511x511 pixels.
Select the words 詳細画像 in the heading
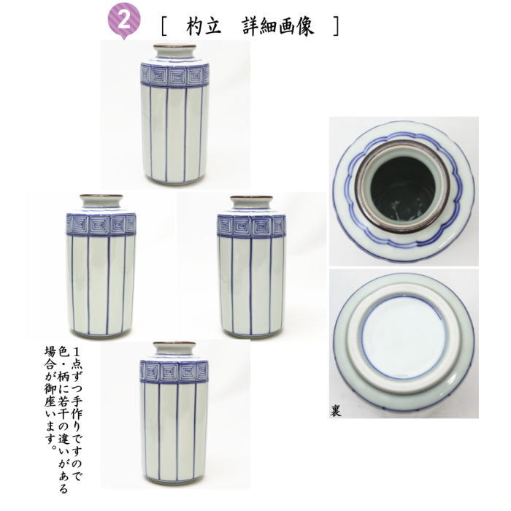click(x=277, y=27)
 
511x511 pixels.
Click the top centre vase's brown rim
click(x=174, y=48)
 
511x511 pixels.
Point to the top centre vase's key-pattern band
click(x=174, y=76)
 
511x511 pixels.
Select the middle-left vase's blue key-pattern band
click(x=101, y=224)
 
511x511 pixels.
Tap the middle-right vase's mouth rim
click(x=251, y=198)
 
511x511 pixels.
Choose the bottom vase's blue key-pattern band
click(x=174, y=372)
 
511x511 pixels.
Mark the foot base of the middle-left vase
click(x=101, y=334)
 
